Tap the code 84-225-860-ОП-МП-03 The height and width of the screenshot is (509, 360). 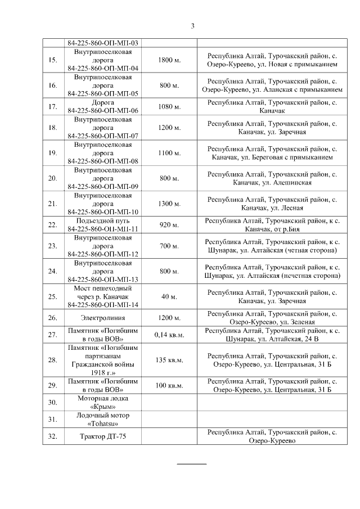[x=103, y=43]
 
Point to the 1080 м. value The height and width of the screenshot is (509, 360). [x=169, y=107]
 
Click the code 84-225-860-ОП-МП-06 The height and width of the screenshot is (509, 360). [x=103, y=111]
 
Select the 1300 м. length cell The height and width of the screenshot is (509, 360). [x=169, y=204]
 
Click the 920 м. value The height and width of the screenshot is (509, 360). [x=169, y=225]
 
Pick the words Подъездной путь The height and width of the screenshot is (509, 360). [x=103, y=220]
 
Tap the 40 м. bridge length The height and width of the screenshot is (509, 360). [x=169, y=296]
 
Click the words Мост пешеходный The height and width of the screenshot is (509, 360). [x=103, y=288]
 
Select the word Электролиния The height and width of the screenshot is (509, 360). [x=103, y=318]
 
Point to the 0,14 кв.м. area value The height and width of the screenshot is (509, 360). [x=169, y=335]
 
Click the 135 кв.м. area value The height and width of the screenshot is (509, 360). [x=169, y=360]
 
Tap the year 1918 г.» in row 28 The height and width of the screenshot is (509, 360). [x=103, y=372]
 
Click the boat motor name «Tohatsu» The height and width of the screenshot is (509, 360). [x=103, y=424]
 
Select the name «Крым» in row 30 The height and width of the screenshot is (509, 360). [x=103, y=407]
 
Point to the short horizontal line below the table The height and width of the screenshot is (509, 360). [x=192, y=463]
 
